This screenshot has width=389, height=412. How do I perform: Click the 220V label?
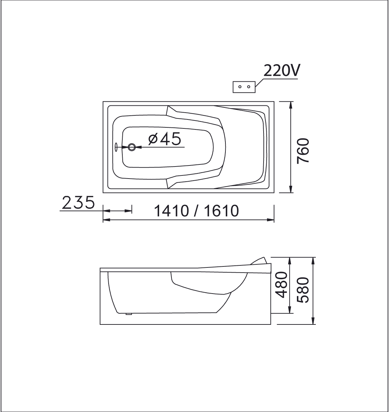tap(282, 70)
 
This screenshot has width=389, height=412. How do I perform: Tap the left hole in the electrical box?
tap(240, 87)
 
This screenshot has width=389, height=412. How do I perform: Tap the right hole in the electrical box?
tap(248, 87)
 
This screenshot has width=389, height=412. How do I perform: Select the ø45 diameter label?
tap(165, 139)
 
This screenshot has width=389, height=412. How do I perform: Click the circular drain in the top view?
tap(132, 147)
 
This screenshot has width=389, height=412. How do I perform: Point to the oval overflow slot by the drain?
tap(116, 147)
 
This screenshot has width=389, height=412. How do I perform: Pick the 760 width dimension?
tap(303, 151)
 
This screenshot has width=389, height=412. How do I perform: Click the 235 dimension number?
tap(78, 202)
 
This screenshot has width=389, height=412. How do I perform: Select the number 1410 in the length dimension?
tap(171, 211)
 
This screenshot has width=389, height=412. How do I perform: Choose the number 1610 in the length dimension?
tap(221, 211)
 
